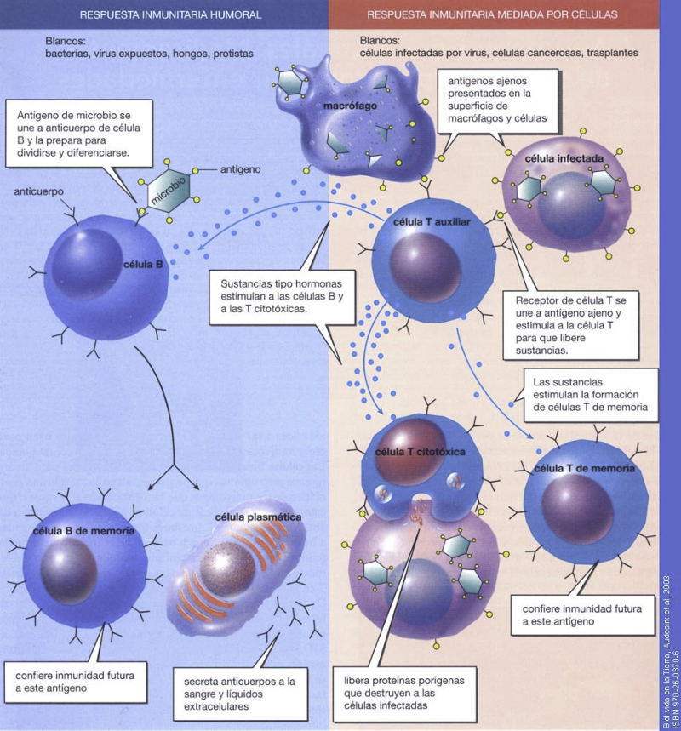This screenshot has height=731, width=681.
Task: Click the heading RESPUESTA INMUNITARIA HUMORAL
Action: [170, 15]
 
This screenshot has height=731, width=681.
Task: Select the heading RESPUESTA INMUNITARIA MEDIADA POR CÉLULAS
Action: [493, 15]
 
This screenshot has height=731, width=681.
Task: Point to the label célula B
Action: [143, 265]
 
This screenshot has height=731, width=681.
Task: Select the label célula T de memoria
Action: [583, 469]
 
